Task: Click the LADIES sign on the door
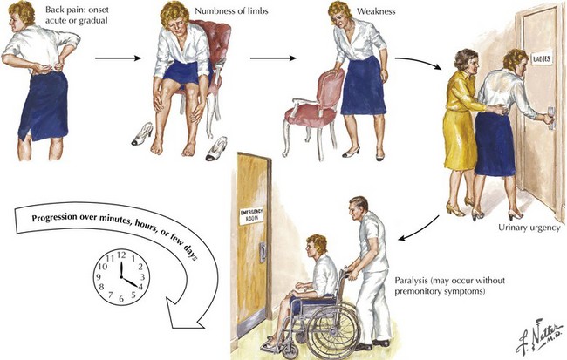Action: click(x=542, y=58)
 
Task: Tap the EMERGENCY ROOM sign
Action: click(x=252, y=215)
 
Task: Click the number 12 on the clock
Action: click(x=121, y=255)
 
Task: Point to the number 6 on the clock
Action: click(x=121, y=299)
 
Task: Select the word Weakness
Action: click(x=376, y=11)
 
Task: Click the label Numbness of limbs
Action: click(x=231, y=10)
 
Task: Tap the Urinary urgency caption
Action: click(x=529, y=228)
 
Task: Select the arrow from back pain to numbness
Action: click(x=118, y=58)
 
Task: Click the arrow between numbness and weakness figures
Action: click(x=273, y=58)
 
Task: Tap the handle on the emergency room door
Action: click(x=263, y=252)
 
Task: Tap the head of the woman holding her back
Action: click(x=22, y=15)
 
